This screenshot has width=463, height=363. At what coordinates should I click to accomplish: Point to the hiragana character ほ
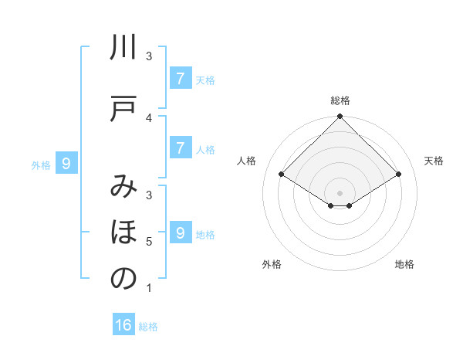[x=123, y=232]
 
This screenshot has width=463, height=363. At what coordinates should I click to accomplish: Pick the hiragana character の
[x=123, y=278]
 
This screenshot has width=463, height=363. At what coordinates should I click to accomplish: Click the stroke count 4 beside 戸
[x=149, y=117]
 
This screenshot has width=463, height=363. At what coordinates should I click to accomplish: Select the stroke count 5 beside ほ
[x=149, y=242]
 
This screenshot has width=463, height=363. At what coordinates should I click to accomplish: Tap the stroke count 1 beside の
[x=149, y=288]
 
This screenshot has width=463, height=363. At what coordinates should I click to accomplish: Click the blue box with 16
[x=123, y=325]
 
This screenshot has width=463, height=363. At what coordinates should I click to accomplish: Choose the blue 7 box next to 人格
[x=180, y=148]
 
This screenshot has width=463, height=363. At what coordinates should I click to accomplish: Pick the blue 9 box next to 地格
[x=180, y=232]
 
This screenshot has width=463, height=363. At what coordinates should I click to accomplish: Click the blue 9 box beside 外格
[x=66, y=163]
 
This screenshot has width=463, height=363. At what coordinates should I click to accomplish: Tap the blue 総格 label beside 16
[x=148, y=327]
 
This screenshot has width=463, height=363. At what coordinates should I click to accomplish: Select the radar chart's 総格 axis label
[x=340, y=100]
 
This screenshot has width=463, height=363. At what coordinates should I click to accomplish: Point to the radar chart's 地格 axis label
[x=404, y=264]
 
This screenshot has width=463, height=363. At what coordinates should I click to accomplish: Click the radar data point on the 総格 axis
[x=340, y=117]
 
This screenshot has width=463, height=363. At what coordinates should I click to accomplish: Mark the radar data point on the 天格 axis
[x=399, y=175]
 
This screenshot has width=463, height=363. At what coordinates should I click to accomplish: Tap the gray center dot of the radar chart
[x=340, y=192]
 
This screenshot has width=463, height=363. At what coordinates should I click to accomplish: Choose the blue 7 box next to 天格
[x=180, y=79]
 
